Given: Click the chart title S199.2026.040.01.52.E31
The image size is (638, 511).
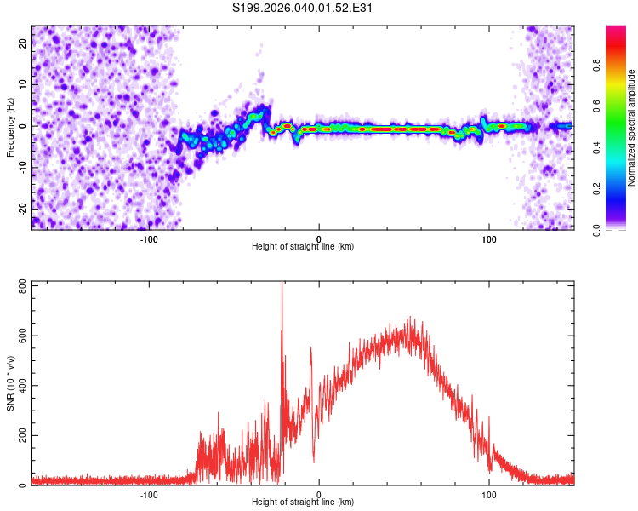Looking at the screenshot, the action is pyautogui.click(x=302, y=8).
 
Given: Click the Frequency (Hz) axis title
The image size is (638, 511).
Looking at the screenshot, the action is pyautogui.click(x=10, y=128).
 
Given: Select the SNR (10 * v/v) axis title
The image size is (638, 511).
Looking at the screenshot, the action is pyautogui.click(x=10, y=383).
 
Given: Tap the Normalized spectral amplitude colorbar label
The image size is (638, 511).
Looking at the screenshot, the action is pyautogui.click(x=631, y=128).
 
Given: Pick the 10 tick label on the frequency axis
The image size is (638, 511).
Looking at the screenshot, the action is pyautogui.click(x=23, y=84).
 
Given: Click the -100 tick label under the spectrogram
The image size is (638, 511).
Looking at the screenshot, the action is pyautogui.click(x=149, y=239).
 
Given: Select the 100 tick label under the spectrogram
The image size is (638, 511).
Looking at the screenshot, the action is pyautogui.click(x=488, y=239).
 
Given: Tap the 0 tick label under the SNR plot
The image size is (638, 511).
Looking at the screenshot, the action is pyautogui.click(x=319, y=495).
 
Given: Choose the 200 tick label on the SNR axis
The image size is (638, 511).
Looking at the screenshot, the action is pyautogui.click(x=23, y=435).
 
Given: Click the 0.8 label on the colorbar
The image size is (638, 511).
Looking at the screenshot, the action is pyautogui.click(x=596, y=66).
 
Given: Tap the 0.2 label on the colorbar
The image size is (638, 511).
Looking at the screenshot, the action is pyautogui.click(x=596, y=188).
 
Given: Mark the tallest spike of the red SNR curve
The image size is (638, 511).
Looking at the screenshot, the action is pyautogui.click(x=282, y=283).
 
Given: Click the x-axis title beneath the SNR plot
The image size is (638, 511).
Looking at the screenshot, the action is pyautogui.click(x=303, y=502).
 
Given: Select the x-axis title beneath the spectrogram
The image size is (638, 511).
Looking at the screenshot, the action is pyautogui.click(x=303, y=246).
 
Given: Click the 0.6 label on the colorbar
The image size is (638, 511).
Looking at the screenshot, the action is pyautogui.click(x=596, y=106).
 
